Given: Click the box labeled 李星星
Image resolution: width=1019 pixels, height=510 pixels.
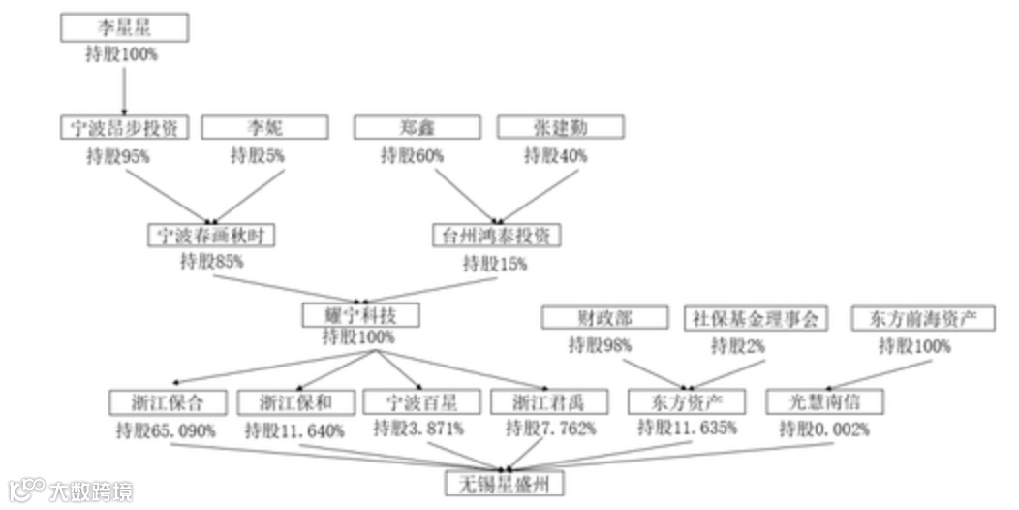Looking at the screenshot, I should tap(124, 27).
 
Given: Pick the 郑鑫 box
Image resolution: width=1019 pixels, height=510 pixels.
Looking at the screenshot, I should tap(416, 127).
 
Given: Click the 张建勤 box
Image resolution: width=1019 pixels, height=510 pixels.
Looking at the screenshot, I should tap(560, 127).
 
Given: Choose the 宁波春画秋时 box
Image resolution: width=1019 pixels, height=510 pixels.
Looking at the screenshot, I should tap(210, 235).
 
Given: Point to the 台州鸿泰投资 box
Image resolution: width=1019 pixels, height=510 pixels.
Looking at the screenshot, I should tap(496, 235).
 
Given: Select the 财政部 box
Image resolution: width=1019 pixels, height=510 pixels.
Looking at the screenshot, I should tap(604, 318).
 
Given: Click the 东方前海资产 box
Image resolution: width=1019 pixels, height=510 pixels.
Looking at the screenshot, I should tap(922, 318).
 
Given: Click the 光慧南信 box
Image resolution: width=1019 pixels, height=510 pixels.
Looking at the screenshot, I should tap(825, 401).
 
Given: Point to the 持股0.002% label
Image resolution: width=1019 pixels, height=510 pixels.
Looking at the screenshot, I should tap(825, 430).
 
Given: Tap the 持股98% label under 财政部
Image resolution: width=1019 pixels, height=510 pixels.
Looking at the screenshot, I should tap(601, 345).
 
